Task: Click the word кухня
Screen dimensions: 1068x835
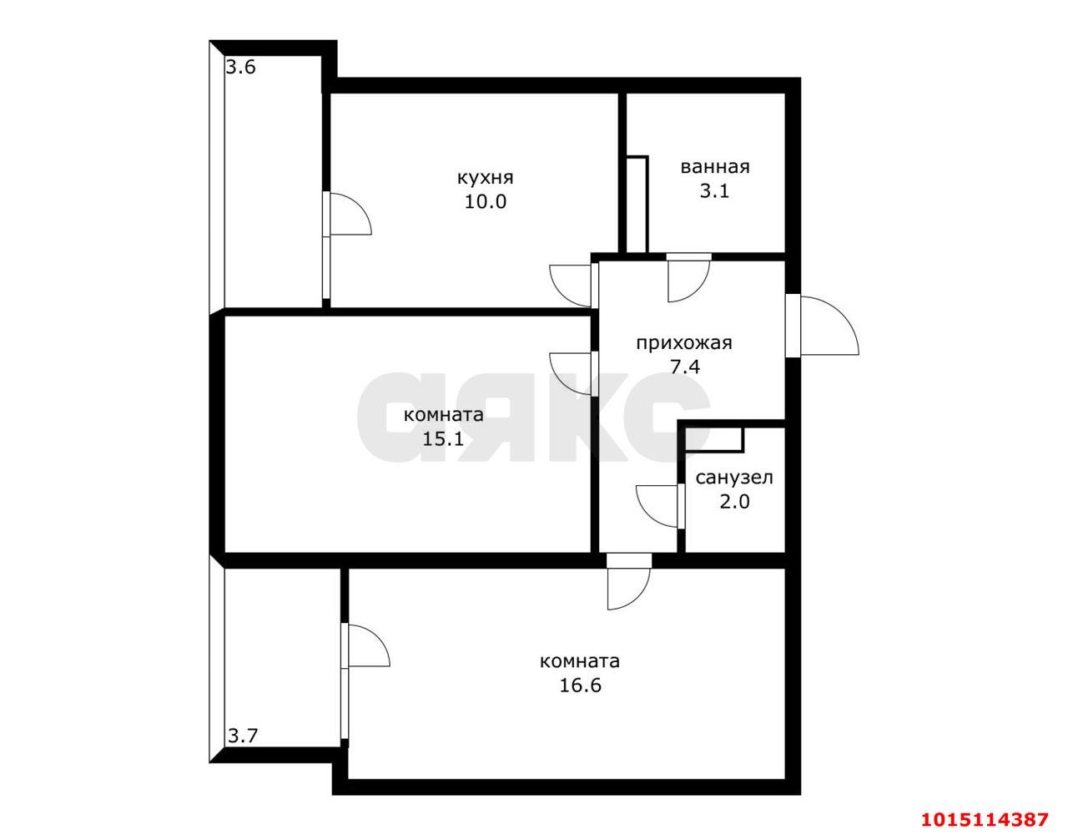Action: [485, 178]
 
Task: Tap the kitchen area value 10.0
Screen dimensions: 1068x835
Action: [486, 201]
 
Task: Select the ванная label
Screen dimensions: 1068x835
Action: [715, 167]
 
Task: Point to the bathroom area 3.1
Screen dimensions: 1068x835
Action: [714, 191]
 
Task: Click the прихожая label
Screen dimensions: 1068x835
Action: [684, 343]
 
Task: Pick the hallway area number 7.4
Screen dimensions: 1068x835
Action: [685, 367]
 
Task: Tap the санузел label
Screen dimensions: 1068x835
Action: [734, 478]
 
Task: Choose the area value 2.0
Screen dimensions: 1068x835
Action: [735, 502]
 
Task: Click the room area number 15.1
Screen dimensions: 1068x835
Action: [443, 438]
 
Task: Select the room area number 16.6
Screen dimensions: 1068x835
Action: [581, 685]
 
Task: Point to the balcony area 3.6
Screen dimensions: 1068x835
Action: [241, 67]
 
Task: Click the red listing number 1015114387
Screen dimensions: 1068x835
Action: [985, 819]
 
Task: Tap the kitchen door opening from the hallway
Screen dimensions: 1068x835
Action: [571, 286]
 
